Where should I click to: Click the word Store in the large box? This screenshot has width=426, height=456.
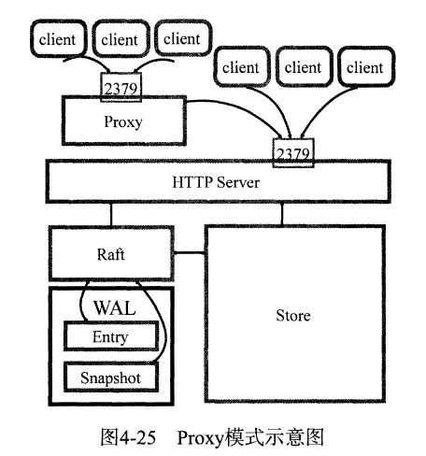click(293, 316)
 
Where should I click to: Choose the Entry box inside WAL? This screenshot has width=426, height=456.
click(110, 337)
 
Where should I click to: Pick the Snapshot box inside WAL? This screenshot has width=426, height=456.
click(110, 377)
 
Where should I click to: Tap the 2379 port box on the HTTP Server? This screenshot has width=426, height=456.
click(292, 149)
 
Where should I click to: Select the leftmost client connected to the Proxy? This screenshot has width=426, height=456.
click(57, 39)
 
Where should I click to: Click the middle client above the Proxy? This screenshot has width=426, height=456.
click(119, 39)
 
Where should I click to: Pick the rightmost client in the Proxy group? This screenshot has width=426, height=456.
click(180, 38)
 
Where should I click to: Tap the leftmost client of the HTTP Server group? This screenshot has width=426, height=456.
click(240, 67)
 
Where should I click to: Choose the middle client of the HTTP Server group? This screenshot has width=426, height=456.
click(302, 67)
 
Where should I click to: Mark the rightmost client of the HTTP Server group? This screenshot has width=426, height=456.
click(364, 67)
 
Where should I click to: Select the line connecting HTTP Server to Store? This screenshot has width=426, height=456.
click(281, 215)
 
